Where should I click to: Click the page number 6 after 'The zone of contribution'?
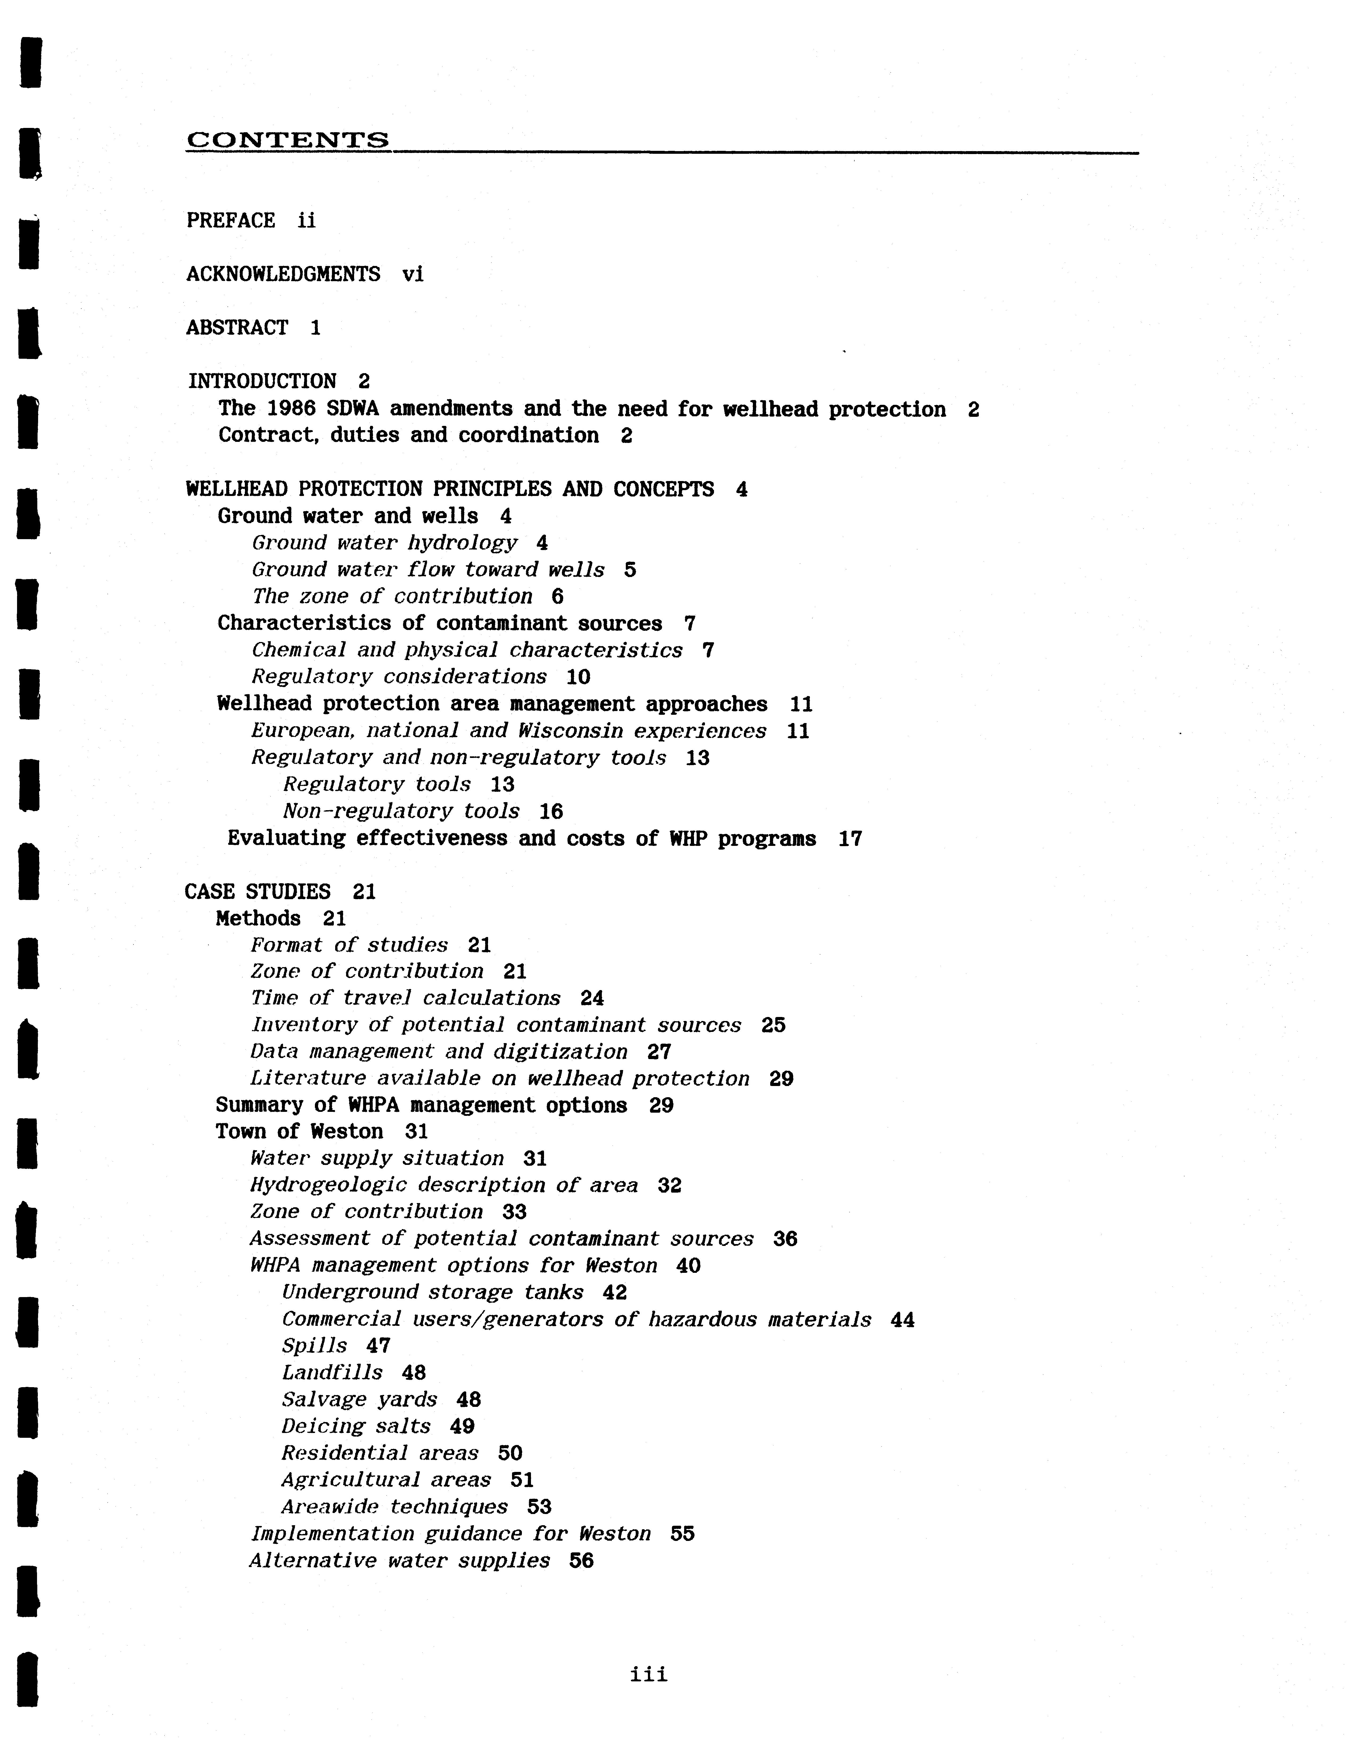[x=557, y=596]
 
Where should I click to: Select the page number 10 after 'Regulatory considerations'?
[x=578, y=677]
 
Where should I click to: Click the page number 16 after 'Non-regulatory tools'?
[x=551, y=812]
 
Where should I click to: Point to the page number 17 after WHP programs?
[x=850, y=839]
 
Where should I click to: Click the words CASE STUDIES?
[x=257, y=892]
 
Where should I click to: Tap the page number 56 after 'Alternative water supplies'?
[x=581, y=1561]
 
